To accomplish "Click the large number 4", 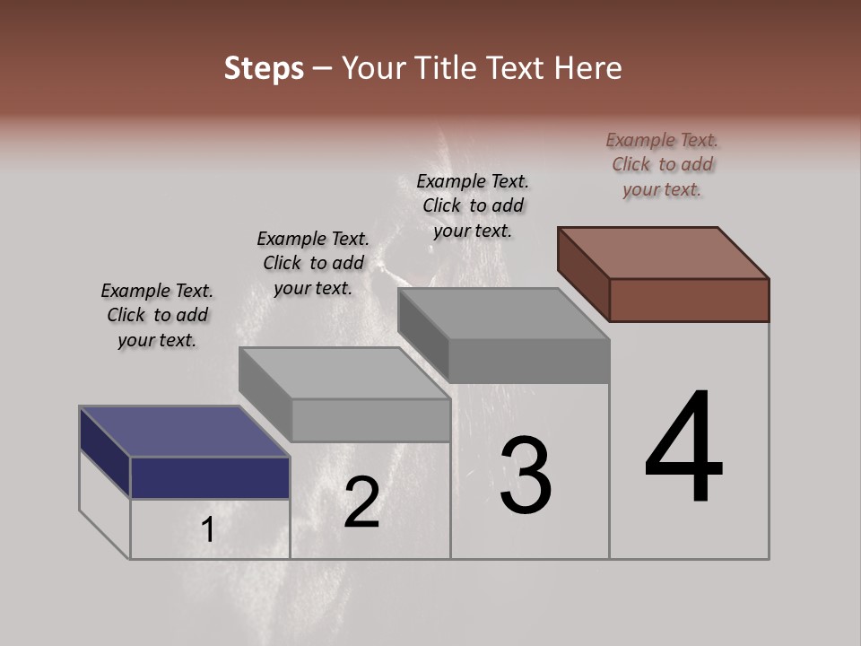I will (683, 449).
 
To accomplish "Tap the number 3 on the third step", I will (525, 476).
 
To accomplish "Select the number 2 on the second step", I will (361, 502).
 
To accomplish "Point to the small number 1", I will (208, 530).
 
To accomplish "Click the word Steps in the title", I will (264, 68).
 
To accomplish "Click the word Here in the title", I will (588, 68).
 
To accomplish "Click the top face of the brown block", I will (664, 252).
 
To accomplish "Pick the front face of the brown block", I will (689, 300).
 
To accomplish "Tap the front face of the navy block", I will (210, 477).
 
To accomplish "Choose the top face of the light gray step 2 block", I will (344, 373).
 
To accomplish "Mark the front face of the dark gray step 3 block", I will (529, 362).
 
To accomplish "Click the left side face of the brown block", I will (583, 273).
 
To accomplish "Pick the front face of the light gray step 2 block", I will (370, 420).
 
